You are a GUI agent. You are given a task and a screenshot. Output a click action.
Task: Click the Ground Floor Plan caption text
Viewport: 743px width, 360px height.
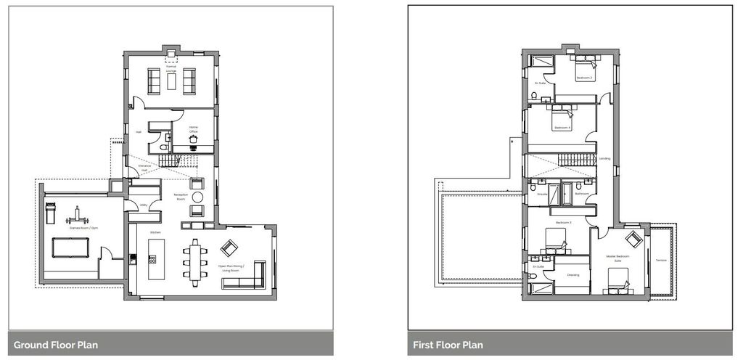point(56,345)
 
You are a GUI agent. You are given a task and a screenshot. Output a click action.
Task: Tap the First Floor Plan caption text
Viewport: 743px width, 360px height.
point(447,345)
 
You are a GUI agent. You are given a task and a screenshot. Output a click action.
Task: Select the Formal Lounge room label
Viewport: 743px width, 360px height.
point(171,68)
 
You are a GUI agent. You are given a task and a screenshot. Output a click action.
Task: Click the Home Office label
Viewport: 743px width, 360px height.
point(194,129)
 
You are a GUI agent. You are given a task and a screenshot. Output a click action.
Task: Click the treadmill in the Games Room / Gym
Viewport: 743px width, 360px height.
point(50,214)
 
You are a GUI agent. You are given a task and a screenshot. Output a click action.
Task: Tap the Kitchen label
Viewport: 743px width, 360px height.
point(155,232)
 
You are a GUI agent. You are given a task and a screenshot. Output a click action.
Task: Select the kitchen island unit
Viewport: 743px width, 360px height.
point(156,258)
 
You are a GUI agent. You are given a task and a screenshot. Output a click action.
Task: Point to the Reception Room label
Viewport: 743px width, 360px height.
point(181,197)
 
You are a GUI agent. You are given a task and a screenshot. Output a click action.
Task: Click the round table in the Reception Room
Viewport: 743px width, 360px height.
point(197,196)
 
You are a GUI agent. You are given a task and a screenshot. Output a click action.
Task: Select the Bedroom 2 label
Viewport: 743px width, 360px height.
point(584,78)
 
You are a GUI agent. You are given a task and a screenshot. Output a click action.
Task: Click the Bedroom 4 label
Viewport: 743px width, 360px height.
point(562,128)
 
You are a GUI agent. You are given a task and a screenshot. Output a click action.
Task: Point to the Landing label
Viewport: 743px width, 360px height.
point(604,158)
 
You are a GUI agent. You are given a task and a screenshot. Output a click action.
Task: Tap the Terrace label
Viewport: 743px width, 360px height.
point(661,260)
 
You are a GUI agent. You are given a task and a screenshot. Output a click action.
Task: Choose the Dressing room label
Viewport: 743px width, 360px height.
point(572,274)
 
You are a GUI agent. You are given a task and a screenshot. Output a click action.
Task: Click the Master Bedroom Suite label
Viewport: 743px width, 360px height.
point(616,258)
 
